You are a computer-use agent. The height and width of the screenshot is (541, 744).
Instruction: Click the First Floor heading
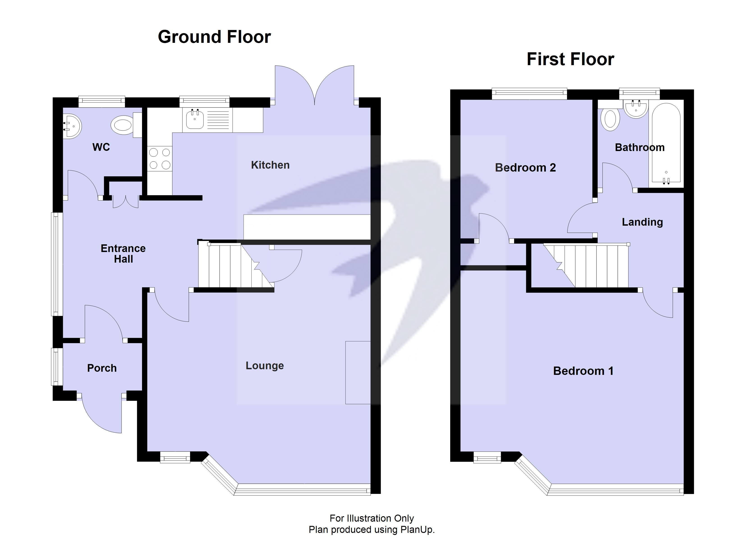click(570, 59)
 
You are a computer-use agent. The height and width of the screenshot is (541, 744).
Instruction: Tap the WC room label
click(101, 147)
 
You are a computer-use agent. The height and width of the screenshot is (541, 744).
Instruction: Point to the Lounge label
click(264, 365)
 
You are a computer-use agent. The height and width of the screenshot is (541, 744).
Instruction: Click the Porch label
click(102, 368)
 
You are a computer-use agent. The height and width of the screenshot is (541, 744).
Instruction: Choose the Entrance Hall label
click(123, 254)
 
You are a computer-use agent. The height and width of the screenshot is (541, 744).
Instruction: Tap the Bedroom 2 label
click(525, 168)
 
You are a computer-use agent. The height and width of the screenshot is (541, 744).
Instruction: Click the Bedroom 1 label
click(583, 371)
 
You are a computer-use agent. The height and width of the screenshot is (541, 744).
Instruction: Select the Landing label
click(642, 222)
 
